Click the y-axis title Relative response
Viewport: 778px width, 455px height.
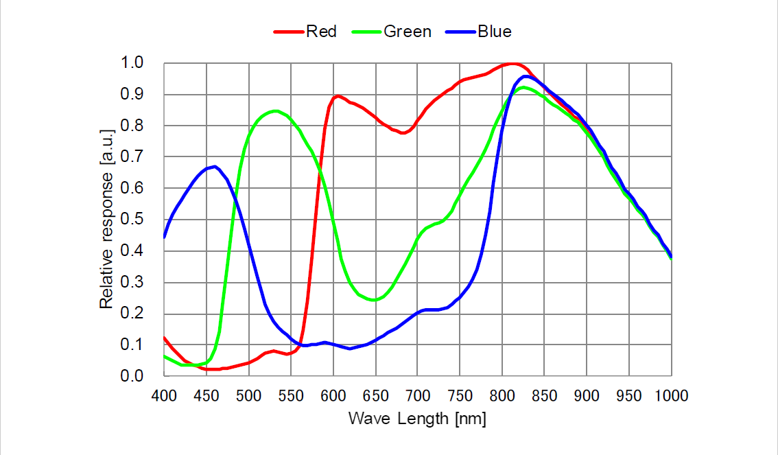[107, 220]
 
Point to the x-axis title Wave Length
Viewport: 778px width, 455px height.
[417, 419]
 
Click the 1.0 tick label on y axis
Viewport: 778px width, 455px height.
[133, 63]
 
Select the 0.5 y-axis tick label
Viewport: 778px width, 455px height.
[133, 220]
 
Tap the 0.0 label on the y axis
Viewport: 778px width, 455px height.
[133, 376]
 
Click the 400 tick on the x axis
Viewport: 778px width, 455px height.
[164, 396]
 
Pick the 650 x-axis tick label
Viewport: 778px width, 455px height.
[375, 396]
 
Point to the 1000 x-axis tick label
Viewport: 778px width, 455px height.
[671, 396]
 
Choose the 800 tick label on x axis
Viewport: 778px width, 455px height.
[502, 396]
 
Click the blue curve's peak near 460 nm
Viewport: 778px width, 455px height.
[215, 167]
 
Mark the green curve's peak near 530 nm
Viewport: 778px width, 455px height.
[274, 110]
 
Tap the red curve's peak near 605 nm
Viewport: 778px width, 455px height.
[338, 96]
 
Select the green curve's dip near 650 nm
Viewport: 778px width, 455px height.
[374, 300]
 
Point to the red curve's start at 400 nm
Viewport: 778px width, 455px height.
[165, 338]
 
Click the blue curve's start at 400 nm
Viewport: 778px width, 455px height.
[165, 237]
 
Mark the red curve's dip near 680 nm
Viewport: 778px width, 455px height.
[402, 133]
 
